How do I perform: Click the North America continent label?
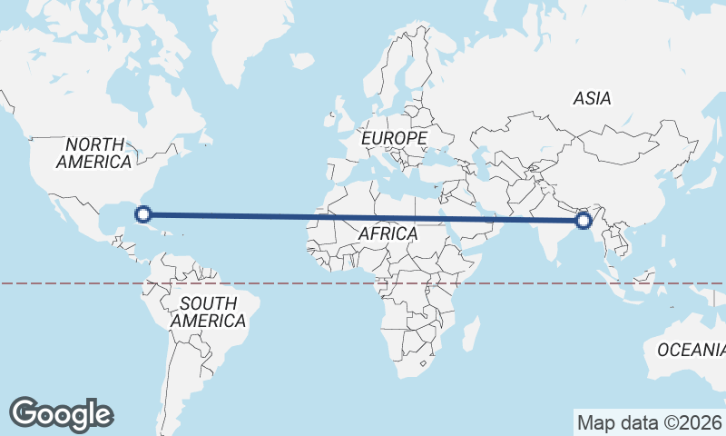pyautogui.click(x=94, y=153)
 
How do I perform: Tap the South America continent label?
pyautogui.click(x=208, y=312)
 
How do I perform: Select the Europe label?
pyautogui.click(x=394, y=137)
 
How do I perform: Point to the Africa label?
pyautogui.click(x=388, y=233)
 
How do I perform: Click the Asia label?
pyautogui.click(x=592, y=98)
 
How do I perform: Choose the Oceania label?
pyautogui.click(x=690, y=350)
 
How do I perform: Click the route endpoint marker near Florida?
pyautogui.click(x=142, y=214)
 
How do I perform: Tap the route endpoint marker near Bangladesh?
pyautogui.click(x=584, y=220)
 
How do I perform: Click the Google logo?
pyautogui.click(x=61, y=414)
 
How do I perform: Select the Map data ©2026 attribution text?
pyautogui.click(x=648, y=422)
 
